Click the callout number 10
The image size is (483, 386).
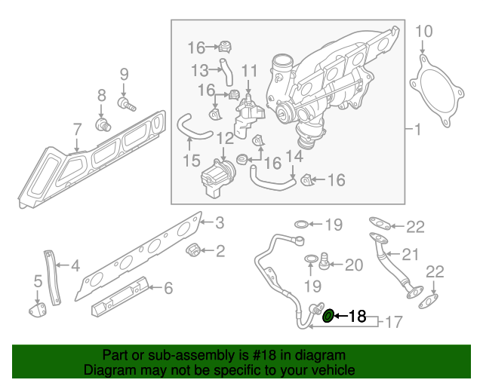(424, 32)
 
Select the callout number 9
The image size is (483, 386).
(124, 75)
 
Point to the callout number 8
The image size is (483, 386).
(101, 96)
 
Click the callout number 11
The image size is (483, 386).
(250, 72)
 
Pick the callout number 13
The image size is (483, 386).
(199, 70)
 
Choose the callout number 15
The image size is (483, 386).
(192, 160)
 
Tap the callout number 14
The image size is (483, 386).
(294, 156)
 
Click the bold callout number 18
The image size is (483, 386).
(357, 317)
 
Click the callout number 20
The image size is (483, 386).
(354, 265)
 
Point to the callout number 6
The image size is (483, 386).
(168, 287)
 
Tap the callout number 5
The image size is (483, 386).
(38, 282)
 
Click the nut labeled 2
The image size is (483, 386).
(192, 250)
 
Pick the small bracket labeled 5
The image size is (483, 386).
(37, 310)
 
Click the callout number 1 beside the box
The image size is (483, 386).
(417, 130)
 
